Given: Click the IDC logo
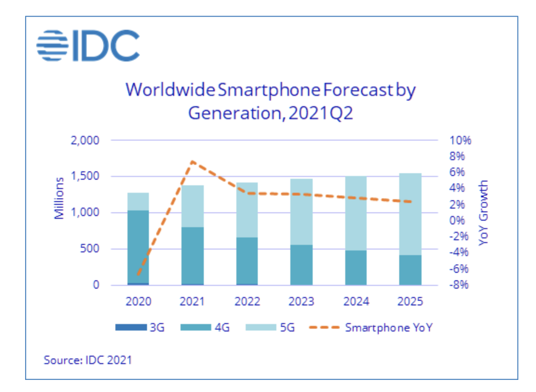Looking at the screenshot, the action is [88, 46].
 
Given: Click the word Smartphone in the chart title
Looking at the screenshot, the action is [269, 90].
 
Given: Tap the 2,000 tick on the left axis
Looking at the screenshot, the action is [85, 140].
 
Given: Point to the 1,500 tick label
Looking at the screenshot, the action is [85, 176].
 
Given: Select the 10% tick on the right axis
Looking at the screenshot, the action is [460, 140].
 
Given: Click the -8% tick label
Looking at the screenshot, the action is [458, 284].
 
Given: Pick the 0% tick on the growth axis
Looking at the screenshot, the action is [457, 220].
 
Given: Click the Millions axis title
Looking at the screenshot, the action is [59, 198].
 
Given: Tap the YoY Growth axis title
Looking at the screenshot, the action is [483, 213].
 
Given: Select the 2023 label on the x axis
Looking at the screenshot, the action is [301, 301].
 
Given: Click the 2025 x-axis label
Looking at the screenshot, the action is [410, 301].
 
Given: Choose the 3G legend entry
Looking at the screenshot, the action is [140, 327].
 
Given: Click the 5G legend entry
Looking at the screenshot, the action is [270, 327].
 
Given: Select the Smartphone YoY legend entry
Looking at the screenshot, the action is [370, 327].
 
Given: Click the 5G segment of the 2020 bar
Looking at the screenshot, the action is [138, 202].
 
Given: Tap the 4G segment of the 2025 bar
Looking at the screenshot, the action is [410, 270].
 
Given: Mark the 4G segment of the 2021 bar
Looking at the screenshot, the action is [193, 256].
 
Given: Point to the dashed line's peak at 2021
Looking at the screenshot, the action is [193, 162].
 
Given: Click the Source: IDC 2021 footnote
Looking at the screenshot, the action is [88, 360].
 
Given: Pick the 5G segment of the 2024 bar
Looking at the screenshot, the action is [356, 213].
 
